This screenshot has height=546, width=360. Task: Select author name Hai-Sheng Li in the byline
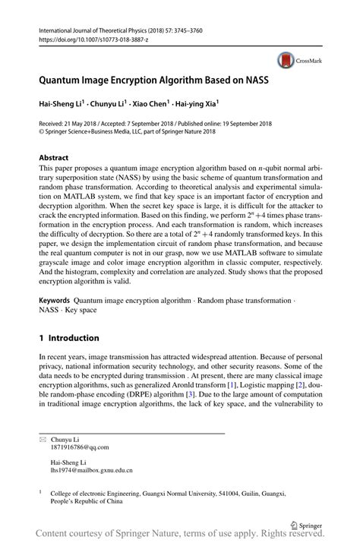pyautogui.click(x=64, y=103)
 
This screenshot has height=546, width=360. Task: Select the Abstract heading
pyautogui.click(x=56, y=158)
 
